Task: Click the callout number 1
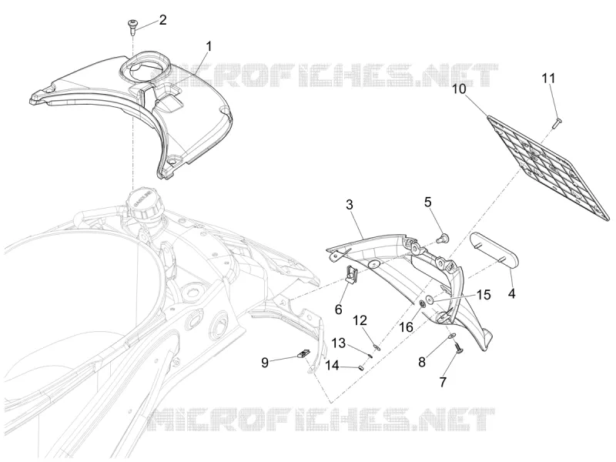tap(209, 47)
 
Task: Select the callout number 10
tap(458, 89)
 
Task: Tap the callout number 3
tap(350, 204)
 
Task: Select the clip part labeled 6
tap(350, 273)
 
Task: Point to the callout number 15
tap(484, 295)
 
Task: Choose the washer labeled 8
tap(452, 336)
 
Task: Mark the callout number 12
tap(360, 320)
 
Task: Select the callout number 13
tap(339, 343)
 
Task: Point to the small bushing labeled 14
tap(360, 368)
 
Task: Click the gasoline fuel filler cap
tap(143, 205)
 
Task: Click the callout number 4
tap(511, 293)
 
